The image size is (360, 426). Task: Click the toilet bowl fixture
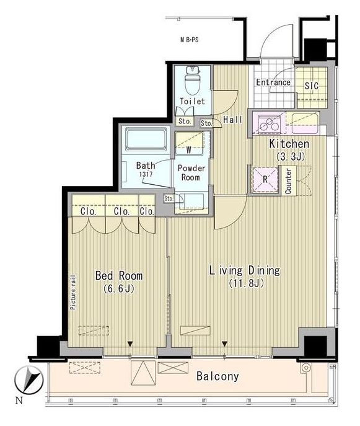click(192, 81)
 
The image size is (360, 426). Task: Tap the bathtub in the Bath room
click(146, 140)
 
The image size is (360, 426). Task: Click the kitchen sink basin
click(305, 123)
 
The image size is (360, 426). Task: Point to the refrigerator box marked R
click(265, 179)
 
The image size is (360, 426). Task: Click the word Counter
click(288, 181)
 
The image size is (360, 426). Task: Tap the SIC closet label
click(312, 86)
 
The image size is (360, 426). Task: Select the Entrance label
click(273, 82)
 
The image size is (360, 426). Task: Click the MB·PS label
click(190, 40)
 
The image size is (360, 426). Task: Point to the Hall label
click(233, 120)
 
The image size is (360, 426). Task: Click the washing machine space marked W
click(189, 149)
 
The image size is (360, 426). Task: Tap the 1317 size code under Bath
click(146, 174)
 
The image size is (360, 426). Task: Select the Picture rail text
click(73, 293)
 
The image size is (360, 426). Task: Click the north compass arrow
click(31, 379)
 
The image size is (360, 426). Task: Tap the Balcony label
click(217, 376)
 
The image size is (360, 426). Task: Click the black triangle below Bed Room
click(130, 344)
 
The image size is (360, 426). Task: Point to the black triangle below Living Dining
click(224, 344)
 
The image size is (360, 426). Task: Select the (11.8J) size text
click(246, 283)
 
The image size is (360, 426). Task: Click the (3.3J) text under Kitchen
click(290, 156)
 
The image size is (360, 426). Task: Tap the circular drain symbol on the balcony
click(306, 368)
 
